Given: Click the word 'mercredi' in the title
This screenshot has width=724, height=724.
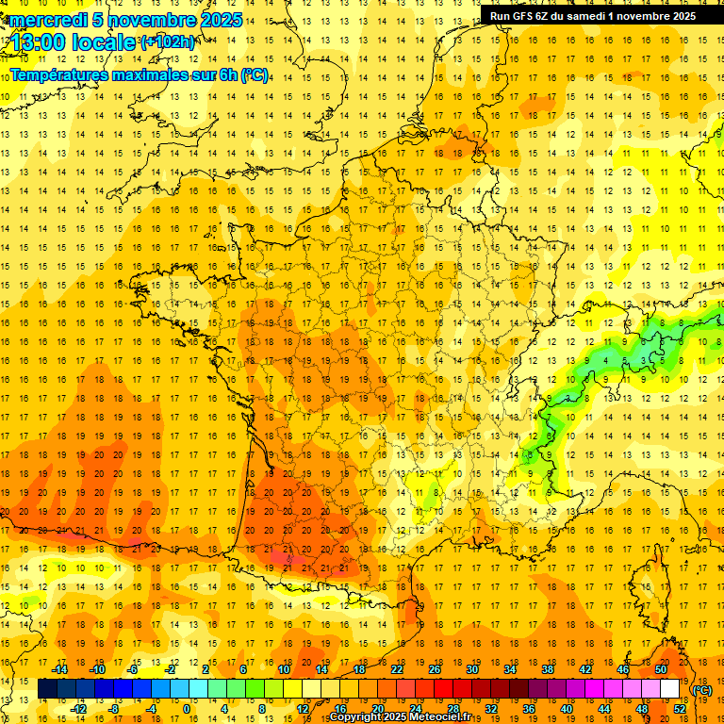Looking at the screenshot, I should coord(50,20).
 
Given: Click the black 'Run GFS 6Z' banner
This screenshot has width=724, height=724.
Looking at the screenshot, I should coord(593,15).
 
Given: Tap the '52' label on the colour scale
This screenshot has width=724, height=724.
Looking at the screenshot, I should coord(680,708).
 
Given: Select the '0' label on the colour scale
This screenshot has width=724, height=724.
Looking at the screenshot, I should coord(186,708).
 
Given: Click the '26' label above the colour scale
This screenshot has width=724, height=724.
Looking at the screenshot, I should coord(435,669).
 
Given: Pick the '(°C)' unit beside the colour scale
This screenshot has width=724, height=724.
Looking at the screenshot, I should coord(702,690).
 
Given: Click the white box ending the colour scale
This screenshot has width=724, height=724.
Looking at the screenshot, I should coord(669,689).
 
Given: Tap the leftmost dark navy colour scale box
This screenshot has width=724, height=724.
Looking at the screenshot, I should coord(47,689).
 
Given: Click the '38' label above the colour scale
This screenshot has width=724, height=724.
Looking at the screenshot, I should coord(548,669).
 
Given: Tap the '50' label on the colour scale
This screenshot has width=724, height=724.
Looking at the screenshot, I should coord(661,669).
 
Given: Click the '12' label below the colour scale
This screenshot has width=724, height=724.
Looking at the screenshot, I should coord(303,708).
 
